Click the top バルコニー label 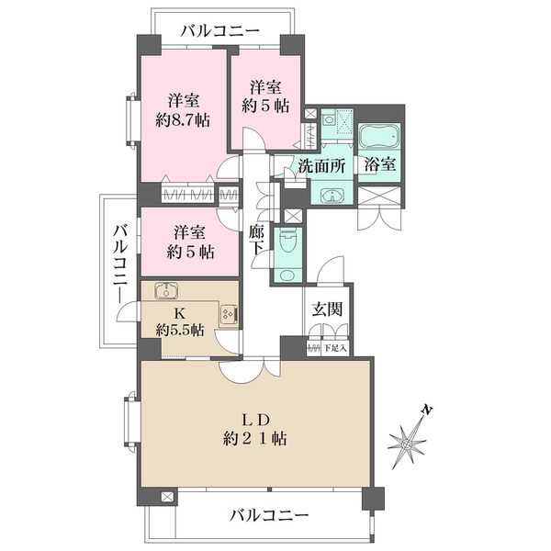coord(219,30)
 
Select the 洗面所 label coord(320,166)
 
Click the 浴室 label coord(378,166)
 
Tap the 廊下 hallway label coord(256,241)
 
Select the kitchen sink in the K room coord(166,292)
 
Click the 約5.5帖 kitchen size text coord(178,329)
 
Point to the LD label coord(256,419)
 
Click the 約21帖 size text coord(256,439)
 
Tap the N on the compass coord(424,409)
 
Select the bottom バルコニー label coord(269,514)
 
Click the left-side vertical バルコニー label coord(119,266)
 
